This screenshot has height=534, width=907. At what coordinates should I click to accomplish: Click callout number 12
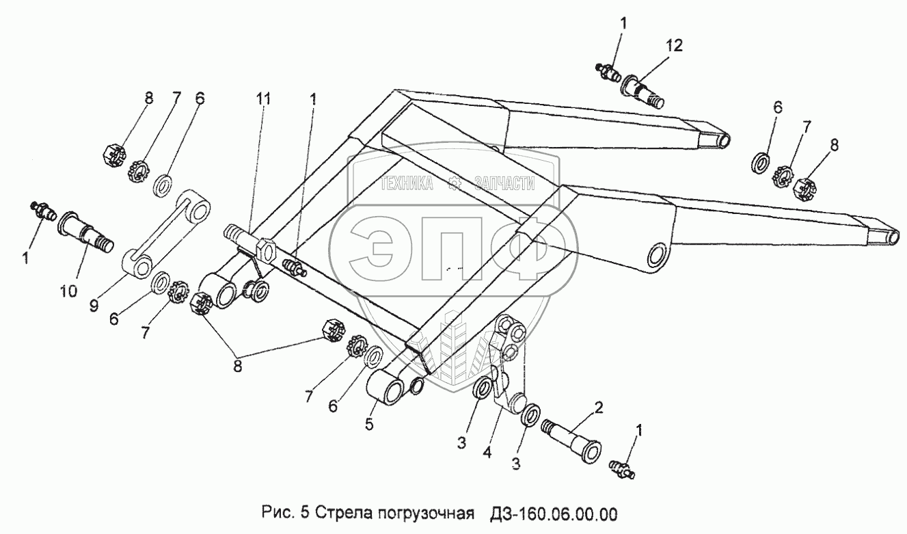[674, 45]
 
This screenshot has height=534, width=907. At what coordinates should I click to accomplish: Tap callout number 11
[263, 99]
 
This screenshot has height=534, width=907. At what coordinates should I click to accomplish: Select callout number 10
[68, 291]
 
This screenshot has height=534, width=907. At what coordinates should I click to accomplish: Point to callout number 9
[94, 306]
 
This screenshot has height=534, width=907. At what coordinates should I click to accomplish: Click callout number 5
[369, 424]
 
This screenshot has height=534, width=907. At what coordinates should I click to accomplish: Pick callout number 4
[487, 452]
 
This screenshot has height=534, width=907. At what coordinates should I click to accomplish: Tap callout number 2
[599, 407]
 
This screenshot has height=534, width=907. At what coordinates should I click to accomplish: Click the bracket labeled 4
[507, 362]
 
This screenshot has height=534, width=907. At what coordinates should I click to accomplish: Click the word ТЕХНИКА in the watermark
[407, 183]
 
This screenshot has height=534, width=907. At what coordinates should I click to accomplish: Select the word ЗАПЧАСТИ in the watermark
[504, 183]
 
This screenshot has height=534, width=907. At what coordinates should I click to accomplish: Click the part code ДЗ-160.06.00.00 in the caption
[554, 513]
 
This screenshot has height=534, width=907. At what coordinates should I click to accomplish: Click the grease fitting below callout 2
[622, 470]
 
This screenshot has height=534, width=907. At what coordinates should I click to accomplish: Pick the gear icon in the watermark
[454, 183]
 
